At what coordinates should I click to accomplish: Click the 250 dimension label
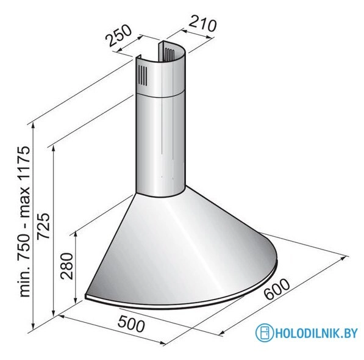click(118, 37)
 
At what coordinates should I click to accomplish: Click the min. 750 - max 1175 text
click(24, 220)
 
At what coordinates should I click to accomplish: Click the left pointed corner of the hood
click(87, 293)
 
